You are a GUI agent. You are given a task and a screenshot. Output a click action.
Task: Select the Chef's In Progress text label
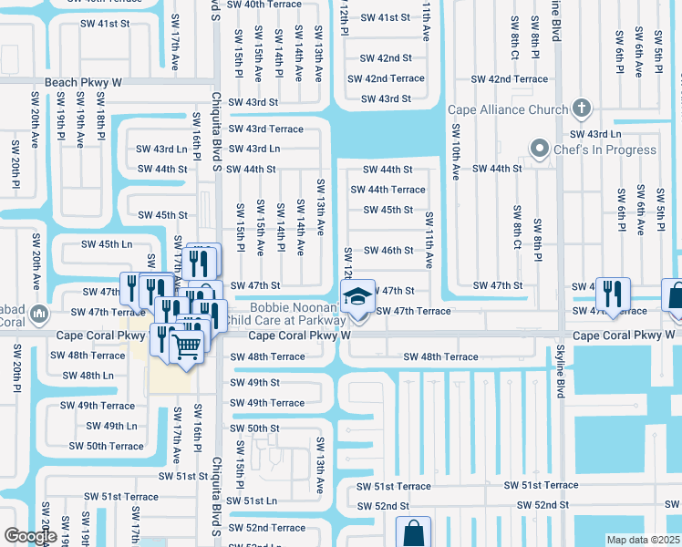pos(604,150)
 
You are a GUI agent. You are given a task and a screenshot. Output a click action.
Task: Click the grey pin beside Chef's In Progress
pos(540,149)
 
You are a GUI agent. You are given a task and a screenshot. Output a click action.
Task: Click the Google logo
pos(30,536)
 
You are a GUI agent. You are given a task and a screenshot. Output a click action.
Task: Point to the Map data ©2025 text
pos(642,540)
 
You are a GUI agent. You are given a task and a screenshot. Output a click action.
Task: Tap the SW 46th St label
pos(387,251)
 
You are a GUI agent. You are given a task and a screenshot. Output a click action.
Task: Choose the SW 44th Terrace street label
pos(387,190)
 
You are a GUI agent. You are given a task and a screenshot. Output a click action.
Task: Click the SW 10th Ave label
pos(455,160)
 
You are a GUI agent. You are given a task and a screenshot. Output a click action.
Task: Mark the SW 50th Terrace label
pos(107,446)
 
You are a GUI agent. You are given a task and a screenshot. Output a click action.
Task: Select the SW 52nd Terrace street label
pos(266,528)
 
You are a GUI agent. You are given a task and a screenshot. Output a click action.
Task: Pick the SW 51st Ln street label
pos(253,501)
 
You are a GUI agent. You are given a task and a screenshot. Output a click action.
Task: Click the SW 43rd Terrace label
pos(265,129)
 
